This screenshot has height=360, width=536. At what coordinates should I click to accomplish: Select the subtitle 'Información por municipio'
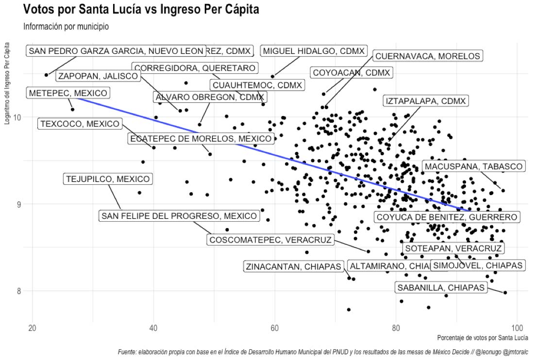(x=66, y=27)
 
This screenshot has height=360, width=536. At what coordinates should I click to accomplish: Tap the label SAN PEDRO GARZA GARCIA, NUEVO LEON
(x=116, y=51)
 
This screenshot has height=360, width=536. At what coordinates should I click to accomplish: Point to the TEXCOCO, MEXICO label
(x=80, y=124)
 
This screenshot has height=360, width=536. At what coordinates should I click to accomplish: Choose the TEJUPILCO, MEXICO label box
(x=108, y=179)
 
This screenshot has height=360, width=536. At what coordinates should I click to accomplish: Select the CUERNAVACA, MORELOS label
(x=428, y=56)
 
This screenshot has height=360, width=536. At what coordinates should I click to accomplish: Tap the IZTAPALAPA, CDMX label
(x=426, y=101)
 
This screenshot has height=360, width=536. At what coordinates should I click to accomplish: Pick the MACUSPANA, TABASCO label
(x=473, y=166)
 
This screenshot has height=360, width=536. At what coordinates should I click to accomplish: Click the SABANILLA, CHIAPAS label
(x=441, y=288)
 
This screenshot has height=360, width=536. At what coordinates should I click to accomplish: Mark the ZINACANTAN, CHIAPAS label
(x=294, y=266)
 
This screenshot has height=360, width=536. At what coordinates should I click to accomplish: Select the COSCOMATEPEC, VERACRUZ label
(x=270, y=240)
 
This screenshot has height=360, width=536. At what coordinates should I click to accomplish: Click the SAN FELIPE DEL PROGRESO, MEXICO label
(x=179, y=216)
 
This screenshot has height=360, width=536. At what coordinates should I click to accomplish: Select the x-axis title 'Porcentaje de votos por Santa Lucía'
(x=483, y=338)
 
